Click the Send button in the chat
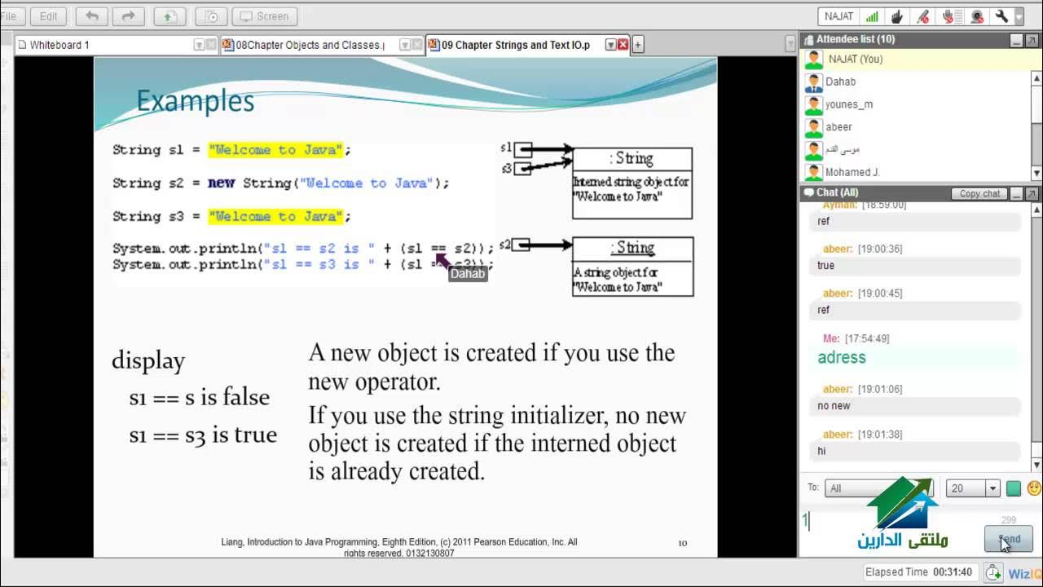pos(1009,539)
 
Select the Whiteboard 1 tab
pos(59,45)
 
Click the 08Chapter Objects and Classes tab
pos(309,45)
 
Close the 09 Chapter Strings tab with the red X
pos(623,45)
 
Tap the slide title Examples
pos(195,101)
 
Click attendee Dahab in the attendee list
pos(840,82)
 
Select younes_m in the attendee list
pos(848,104)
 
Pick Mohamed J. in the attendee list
pos(852,172)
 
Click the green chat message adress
pos(842,357)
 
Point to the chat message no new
pos(834,405)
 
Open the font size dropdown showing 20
pos(992,488)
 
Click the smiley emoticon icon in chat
pos(1034,488)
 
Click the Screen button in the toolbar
pos(265,16)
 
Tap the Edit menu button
pos(48,16)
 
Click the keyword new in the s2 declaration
pos(221,183)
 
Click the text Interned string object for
pos(630,182)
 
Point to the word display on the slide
pos(148,360)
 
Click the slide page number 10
pos(683,543)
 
